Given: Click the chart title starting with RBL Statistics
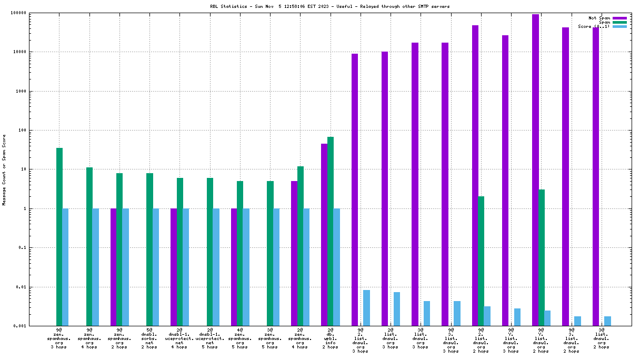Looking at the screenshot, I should (319, 6).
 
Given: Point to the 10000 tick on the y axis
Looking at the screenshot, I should (35, 52).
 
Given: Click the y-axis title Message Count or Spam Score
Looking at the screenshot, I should (5, 169).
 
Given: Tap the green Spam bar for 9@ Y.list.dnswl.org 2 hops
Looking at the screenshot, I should (542, 258).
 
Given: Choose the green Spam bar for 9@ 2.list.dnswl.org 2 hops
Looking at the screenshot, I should (481, 261).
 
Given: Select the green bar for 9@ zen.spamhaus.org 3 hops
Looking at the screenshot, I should (59, 237).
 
